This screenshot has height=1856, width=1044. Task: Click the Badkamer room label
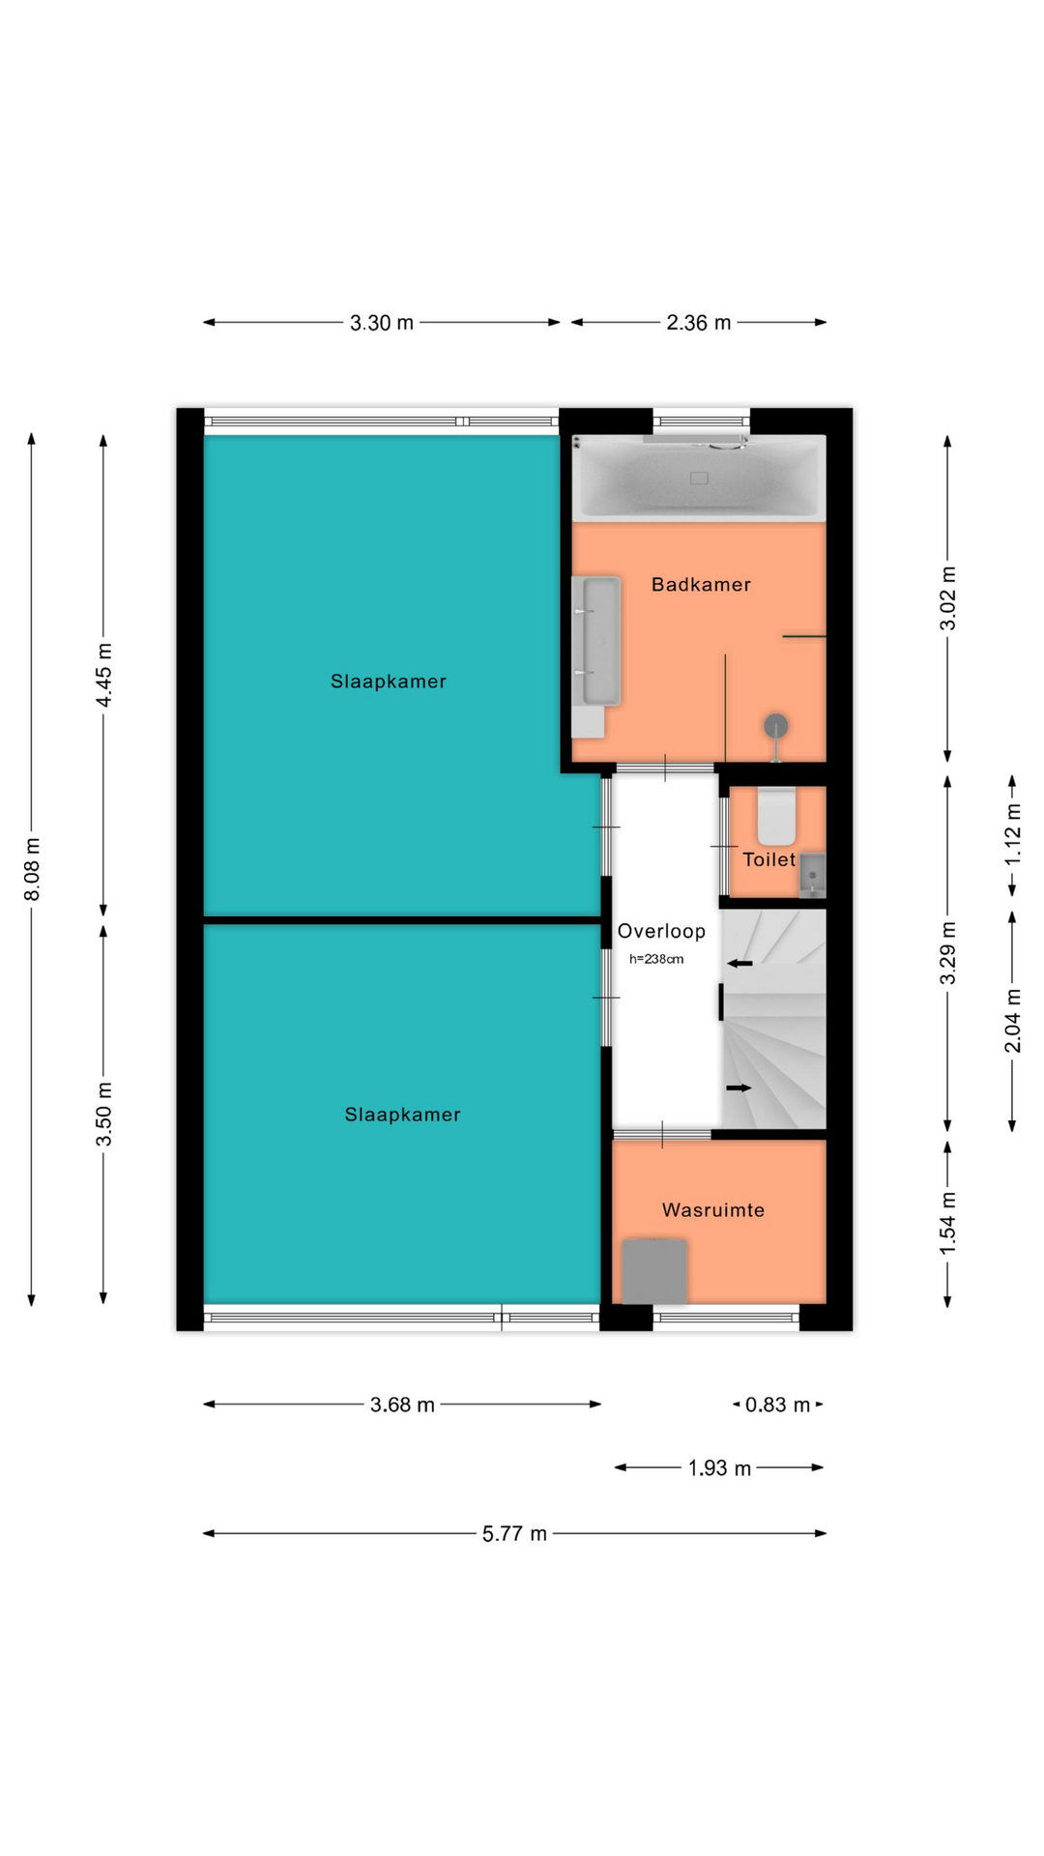(x=701, y=584)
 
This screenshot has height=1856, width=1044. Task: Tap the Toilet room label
(x=768, y=859)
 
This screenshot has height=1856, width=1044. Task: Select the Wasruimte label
(x=713, y=1210)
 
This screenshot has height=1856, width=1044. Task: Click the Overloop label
(x=661, y=931)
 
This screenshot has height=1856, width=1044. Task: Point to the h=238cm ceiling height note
(x=656, y=959)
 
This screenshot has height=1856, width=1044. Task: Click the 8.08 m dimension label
(x=32, y=869)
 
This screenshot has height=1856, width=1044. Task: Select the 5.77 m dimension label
(x=514, y=1533)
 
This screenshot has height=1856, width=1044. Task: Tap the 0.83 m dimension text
(x=777, y=1405)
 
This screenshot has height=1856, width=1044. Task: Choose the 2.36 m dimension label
(x=698, y=323)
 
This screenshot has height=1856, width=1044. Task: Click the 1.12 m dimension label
(x=1012, y=835)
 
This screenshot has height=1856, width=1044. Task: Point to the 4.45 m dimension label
(x=103, y=675)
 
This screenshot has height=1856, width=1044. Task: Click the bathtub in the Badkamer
(x=699, y=478)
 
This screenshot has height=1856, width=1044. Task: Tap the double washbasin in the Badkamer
(x=596, y=643)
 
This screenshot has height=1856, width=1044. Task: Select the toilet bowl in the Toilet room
(x=776, y=817)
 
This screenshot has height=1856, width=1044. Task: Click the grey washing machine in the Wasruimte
(x=654, y=1271)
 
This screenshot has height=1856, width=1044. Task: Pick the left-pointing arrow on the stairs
(x=739, y=963)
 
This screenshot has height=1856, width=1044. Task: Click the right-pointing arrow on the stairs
(x=739, y=1087)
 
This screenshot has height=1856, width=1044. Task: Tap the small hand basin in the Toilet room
(x=812, y=875)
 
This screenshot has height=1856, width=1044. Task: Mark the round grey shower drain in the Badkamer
(x=775, y=725)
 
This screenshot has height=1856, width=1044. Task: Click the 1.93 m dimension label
(x=719, y=1468)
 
